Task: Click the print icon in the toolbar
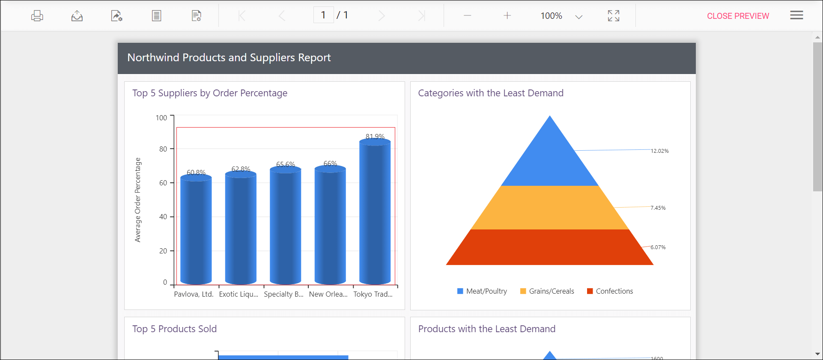pos(37,16)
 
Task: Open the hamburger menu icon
pos(796,15)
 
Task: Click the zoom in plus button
pos(507,16)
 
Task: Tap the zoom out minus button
pos(467,16)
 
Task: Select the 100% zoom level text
pos(551,16)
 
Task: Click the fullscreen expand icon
pos(613,16)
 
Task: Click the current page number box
pos(323,15)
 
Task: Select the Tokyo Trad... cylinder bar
pos(375,214)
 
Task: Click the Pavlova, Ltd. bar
pos(196,231)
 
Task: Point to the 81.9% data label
pos(375,137)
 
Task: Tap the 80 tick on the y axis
pos(163,149)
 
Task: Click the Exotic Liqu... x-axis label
pos(239,294)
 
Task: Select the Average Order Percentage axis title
pos(137,200)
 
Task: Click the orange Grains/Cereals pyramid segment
pos(549,208)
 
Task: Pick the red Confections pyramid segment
pos(549,247)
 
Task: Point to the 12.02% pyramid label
pos(659,151)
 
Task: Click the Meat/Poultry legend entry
pos(482,291)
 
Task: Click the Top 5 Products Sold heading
pos(174,329)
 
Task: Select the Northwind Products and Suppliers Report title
pos(229,58)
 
